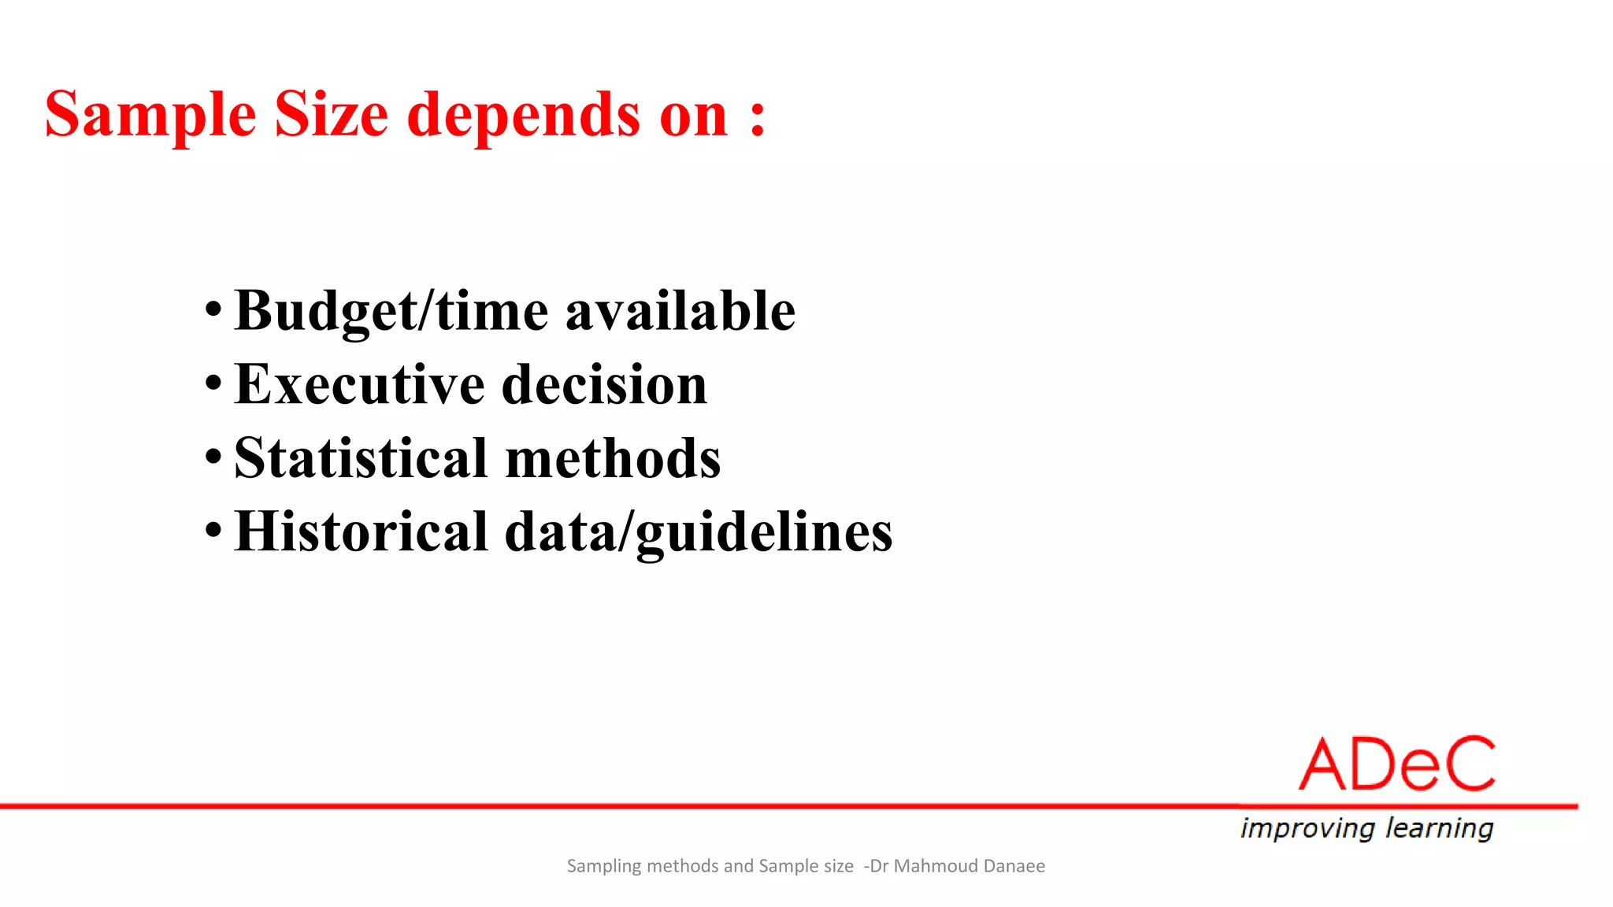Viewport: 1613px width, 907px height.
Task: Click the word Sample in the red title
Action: tap(150, 116)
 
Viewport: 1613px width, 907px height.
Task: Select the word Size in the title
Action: tap(331, 116)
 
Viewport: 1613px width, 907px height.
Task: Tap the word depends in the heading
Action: tap(523, 116)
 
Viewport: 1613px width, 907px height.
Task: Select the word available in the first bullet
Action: tap(680, 310)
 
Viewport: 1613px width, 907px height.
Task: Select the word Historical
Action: tap(362, 531)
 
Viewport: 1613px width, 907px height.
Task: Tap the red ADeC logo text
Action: tap(1396, 764)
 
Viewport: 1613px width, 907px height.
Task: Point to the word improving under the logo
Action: tap(1307, 828)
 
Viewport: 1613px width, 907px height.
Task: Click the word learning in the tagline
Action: tap(1439, 828)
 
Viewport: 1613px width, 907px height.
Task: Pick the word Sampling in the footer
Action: tap(604, 866)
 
